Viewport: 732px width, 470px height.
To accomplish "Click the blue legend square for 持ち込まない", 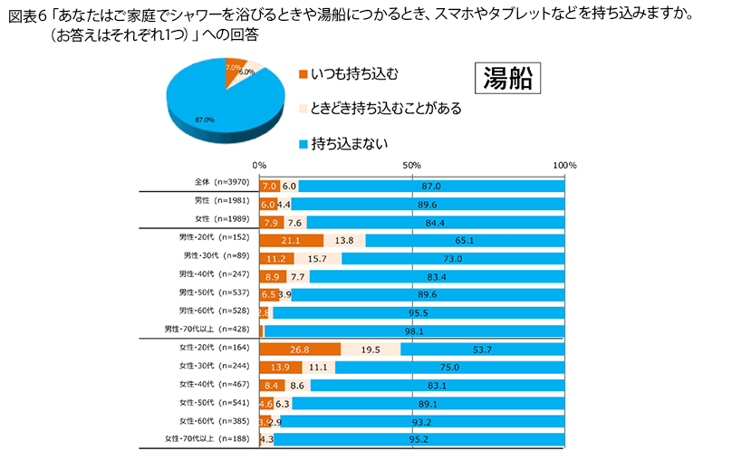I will point(303,142).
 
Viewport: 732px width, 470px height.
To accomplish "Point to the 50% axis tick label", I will point(411,167).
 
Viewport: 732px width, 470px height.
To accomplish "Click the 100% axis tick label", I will point(563,167).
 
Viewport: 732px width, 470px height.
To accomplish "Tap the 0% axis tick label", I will point(259,167).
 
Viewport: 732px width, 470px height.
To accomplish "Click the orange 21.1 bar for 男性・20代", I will point(291,240).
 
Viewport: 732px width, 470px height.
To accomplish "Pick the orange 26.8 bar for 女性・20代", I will point(300,349).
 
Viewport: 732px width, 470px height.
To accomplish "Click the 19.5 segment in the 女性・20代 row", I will point(371,349).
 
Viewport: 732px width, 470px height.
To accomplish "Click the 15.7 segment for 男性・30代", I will point(317,258).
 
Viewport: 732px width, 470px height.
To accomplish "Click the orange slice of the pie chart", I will point(234,70).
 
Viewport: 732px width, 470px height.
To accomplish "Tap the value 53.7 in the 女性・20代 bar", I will point(483,349).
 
